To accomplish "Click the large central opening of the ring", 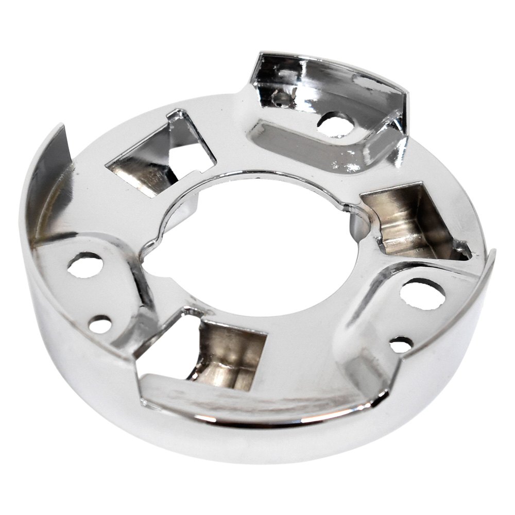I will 257,247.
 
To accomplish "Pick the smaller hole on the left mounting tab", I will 100,324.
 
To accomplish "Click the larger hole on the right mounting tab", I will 422,294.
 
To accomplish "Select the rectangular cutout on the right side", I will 412,221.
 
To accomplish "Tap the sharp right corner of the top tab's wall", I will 407,95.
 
